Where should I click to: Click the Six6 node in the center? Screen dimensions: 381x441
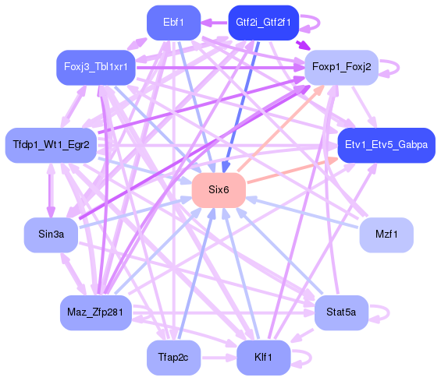[219, 190]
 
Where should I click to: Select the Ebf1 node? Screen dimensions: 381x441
[174, 23]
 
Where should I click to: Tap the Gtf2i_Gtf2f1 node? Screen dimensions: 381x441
[263, 23]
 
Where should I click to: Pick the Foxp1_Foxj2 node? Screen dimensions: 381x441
[341, 67]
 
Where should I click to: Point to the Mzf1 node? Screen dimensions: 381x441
[386, 235]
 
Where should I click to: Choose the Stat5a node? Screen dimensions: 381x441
[341, 312]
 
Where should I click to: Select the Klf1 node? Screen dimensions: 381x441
[263, 358]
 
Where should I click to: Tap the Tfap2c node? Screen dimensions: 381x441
[174, 358]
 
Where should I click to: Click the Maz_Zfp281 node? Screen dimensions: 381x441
[96, 312]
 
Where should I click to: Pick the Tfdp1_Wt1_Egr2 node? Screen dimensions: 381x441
[51, 145]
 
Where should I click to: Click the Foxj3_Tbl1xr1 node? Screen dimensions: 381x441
[96, 67]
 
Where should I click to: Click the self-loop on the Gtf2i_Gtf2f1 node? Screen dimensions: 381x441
[313, 23]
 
